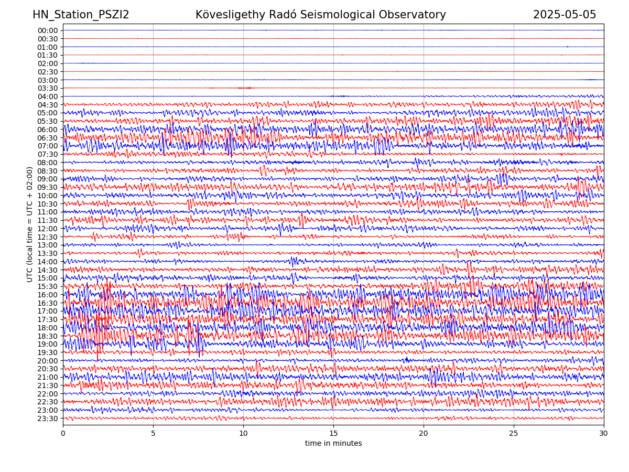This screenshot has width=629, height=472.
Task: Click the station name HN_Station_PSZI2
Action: (81, 15)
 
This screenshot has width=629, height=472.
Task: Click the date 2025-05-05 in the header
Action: (565, 15)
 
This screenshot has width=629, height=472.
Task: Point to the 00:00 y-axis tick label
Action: (47, 30)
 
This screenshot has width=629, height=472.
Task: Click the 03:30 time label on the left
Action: (47, 88)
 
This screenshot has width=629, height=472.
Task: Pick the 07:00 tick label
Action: (47, 146)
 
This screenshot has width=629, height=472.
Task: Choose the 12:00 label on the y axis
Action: (47, 229)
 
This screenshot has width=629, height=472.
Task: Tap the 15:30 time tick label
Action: (47, 286)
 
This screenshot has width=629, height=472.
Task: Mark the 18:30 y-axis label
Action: (47, 336)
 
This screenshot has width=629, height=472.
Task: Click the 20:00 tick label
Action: (47, 361)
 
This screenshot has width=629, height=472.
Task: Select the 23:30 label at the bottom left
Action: (47, 419)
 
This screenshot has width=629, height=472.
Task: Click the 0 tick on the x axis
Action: (63, 433)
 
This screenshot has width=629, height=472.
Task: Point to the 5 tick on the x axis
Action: (153, 433)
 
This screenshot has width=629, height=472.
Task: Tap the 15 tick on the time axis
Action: (333, 433)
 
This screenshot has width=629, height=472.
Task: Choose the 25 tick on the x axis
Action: (514, 433)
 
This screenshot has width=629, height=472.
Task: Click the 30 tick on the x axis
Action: (604, 433)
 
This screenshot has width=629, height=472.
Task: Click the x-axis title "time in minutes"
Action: (333, 444)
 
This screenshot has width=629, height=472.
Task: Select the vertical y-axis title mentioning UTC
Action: (30, 224)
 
